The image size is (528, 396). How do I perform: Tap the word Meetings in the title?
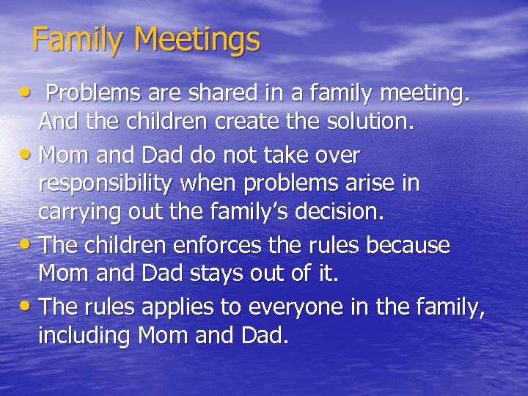click(200, 40)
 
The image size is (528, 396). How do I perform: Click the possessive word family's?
click(245, 213)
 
